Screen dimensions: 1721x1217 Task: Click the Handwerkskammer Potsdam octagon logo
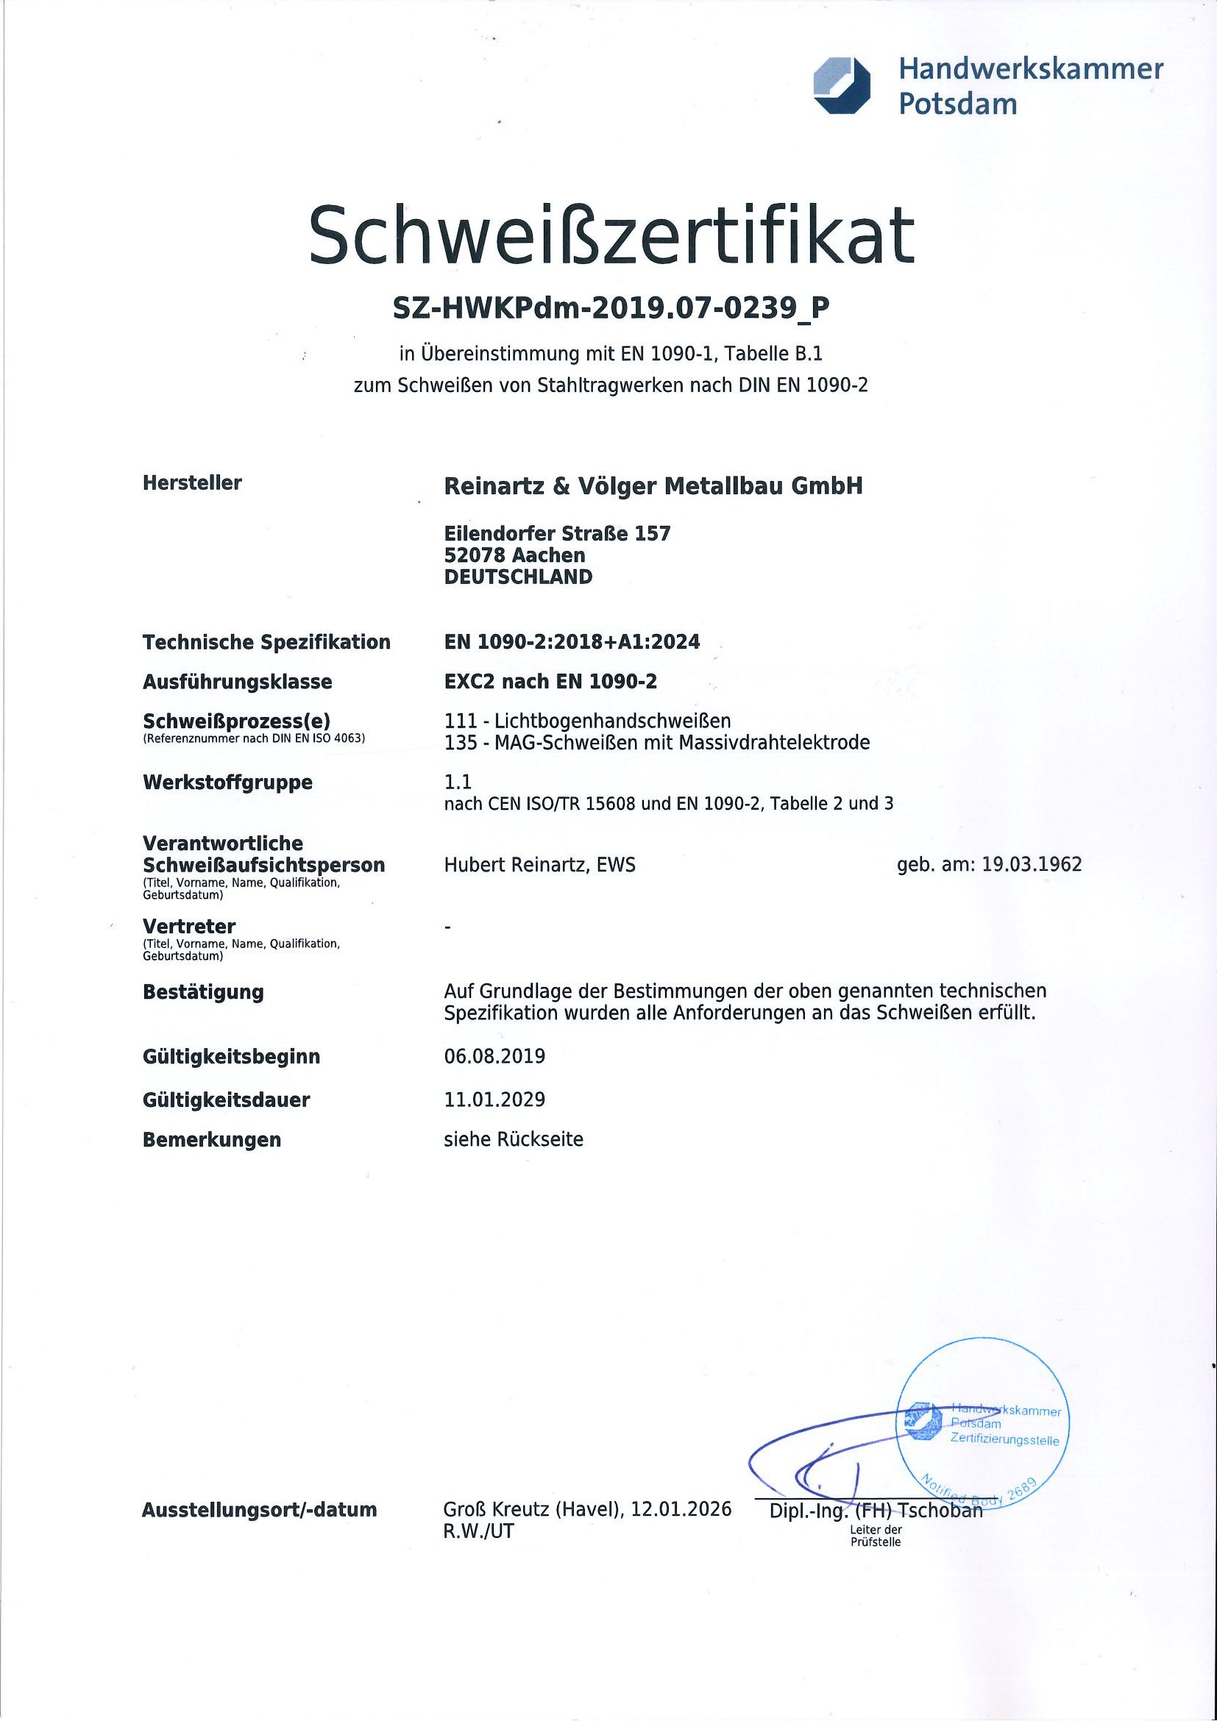(842, 86)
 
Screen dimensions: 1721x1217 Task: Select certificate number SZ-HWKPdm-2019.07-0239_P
(611, 308)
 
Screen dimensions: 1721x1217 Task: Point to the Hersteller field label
(192, 482)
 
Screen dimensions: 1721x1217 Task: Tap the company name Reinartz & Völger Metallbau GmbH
(653, 486)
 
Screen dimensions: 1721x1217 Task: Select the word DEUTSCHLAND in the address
(518, 577)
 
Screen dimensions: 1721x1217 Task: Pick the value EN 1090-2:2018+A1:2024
(572, 642)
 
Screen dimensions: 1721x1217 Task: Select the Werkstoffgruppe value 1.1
(458, 783)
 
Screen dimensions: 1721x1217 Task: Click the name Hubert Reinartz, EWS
(540, 865)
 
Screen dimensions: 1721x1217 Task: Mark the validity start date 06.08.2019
(495, 1057)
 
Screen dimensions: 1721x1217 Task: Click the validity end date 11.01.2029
(495, 1100)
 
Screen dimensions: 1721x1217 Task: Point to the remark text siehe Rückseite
(514, 1140)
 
